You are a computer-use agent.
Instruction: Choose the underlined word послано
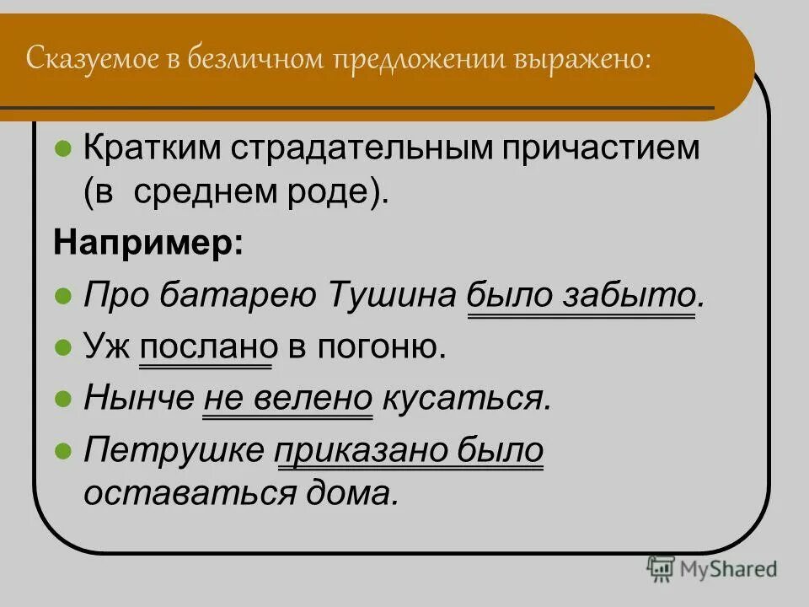[205, 346]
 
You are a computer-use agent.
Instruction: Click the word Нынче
[137, 397]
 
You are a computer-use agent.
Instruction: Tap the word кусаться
[467, 397]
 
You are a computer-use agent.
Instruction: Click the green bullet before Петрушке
[62, 450]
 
